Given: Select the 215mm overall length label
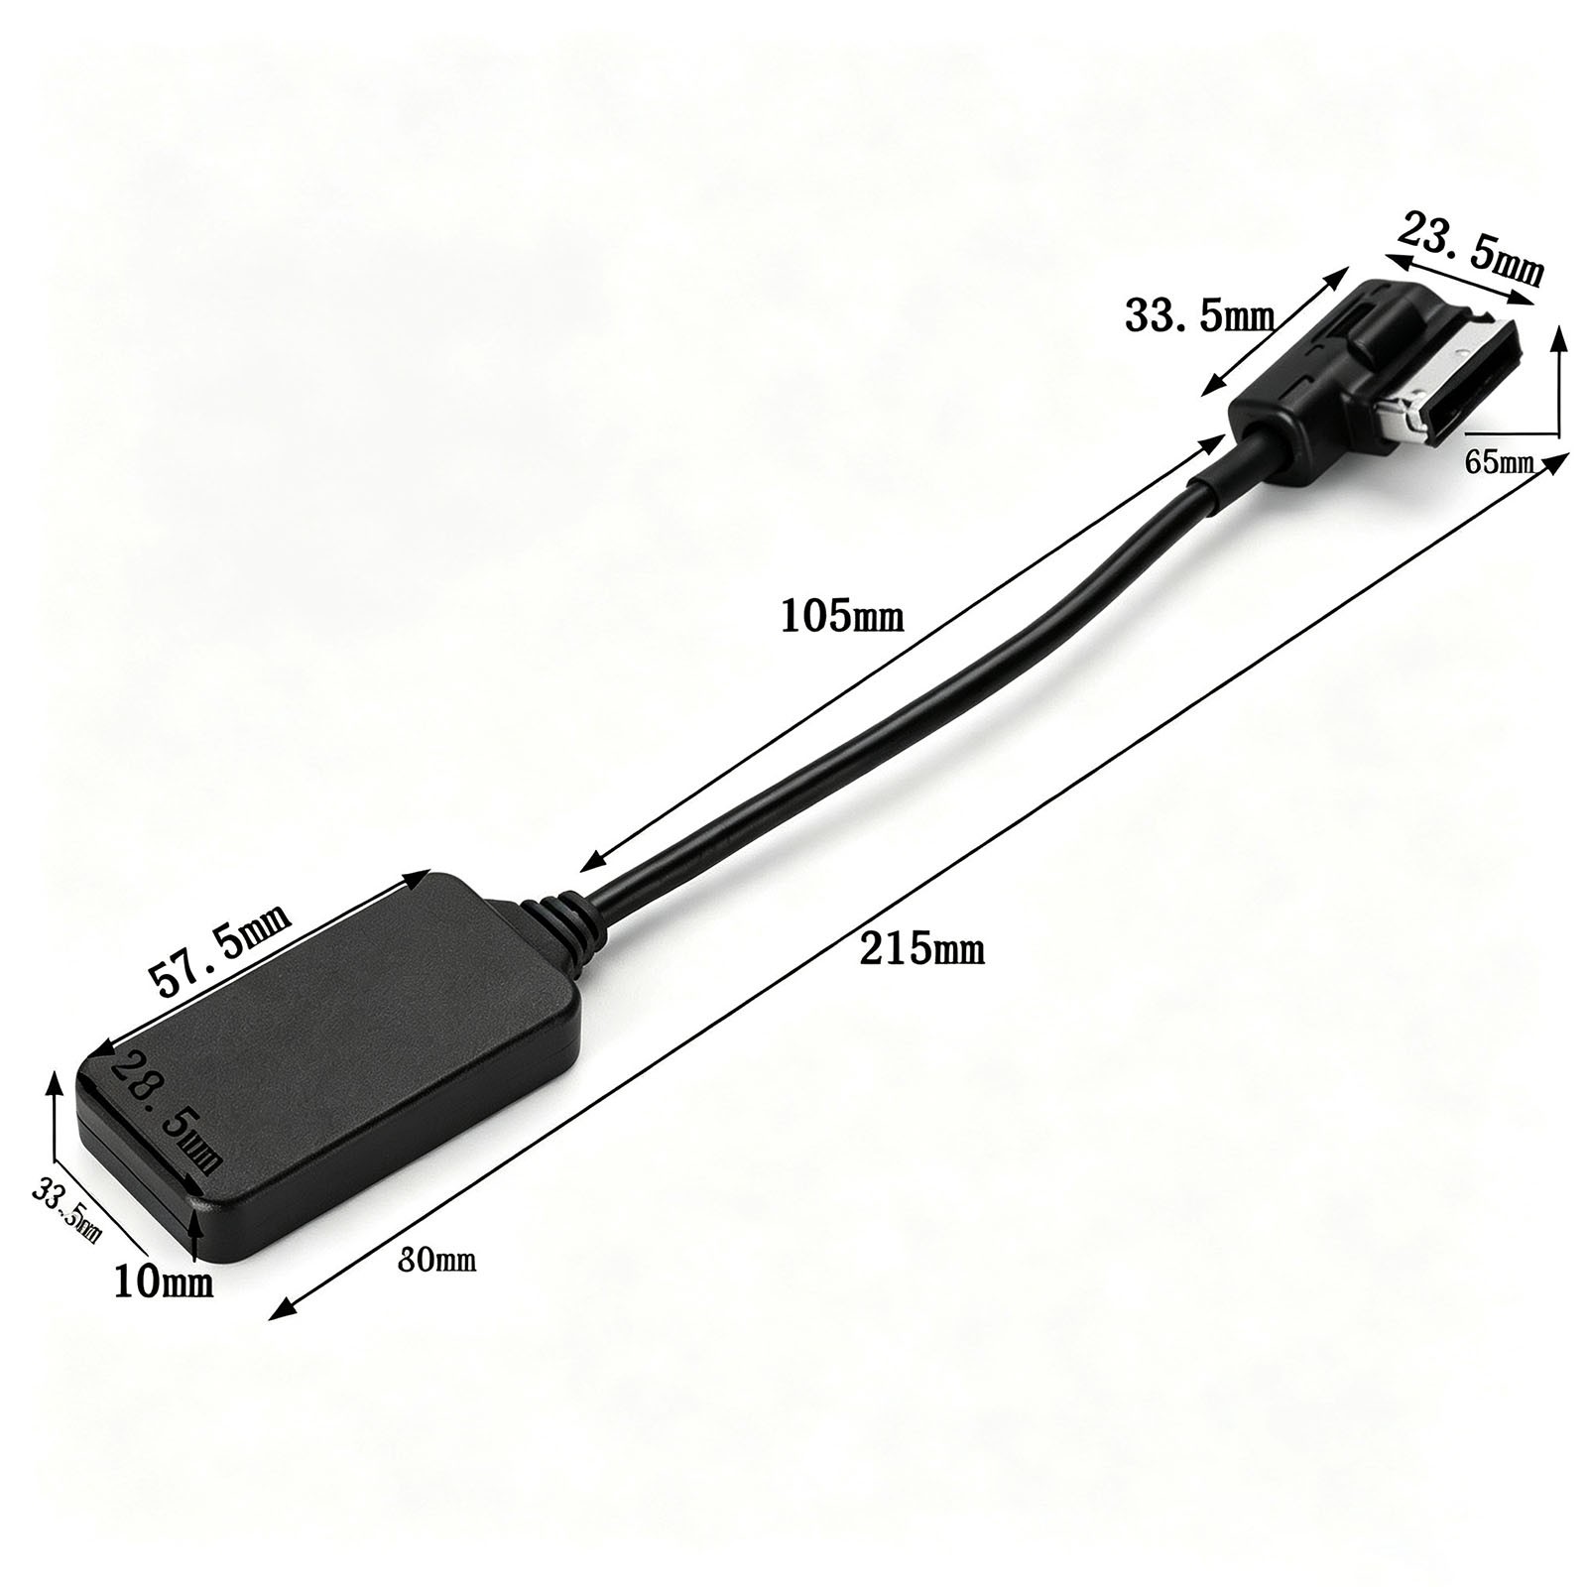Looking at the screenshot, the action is [x=922, y=949].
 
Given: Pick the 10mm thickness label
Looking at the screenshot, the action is [x=164, y=1282].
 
